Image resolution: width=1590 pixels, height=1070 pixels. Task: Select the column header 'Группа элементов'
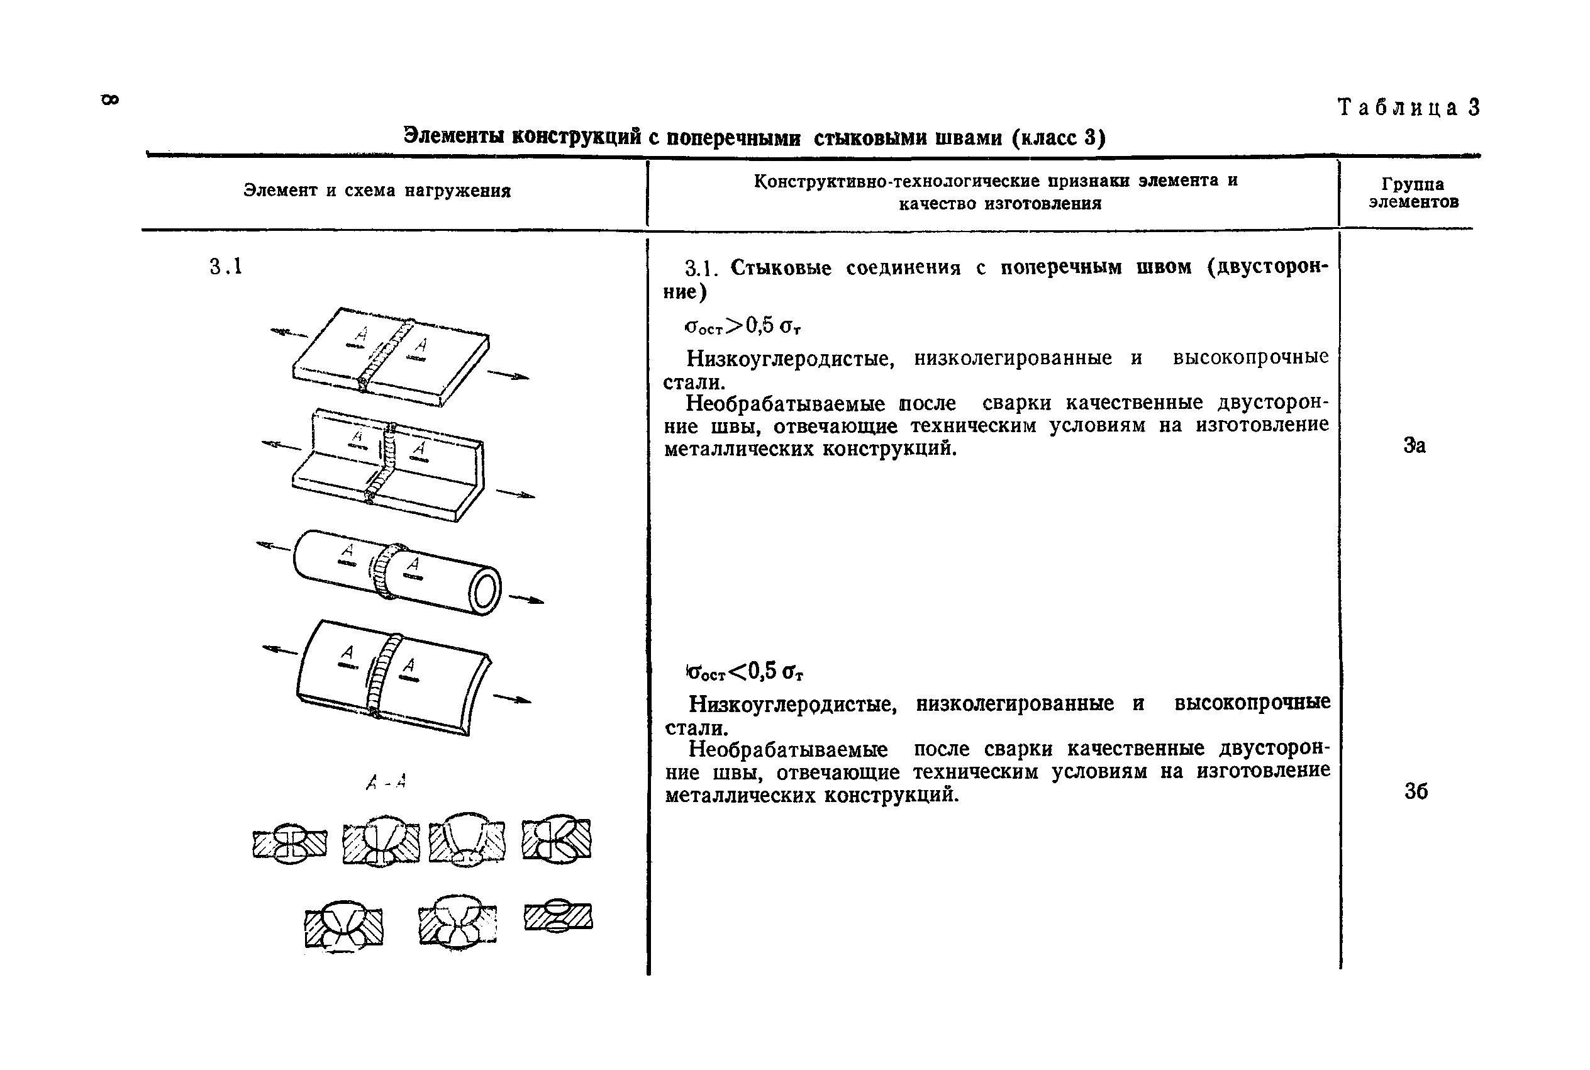(x=1413, y=193)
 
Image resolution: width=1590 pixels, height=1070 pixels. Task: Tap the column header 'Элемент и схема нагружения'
(x=377, y=191)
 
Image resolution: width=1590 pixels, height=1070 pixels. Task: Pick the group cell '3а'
(x=1414, y=445)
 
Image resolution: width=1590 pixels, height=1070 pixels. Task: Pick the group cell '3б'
(x=1415, y=791)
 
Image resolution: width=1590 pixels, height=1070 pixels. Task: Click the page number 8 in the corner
(x=110, y=99)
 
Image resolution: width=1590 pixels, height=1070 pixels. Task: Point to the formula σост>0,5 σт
(x=742, y=326)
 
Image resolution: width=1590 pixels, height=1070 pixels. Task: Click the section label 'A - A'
(x=386, y=782)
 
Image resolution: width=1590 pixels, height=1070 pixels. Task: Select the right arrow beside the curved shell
(x=511, y=699)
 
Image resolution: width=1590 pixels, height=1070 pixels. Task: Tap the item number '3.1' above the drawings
(x=226, y=266)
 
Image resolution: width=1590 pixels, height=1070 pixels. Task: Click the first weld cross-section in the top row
(x=290, y=844)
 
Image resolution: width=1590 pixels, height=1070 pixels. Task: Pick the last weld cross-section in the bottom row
(x=558, y=916)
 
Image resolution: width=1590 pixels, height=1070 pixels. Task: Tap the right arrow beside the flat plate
(x=508, y=375)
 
